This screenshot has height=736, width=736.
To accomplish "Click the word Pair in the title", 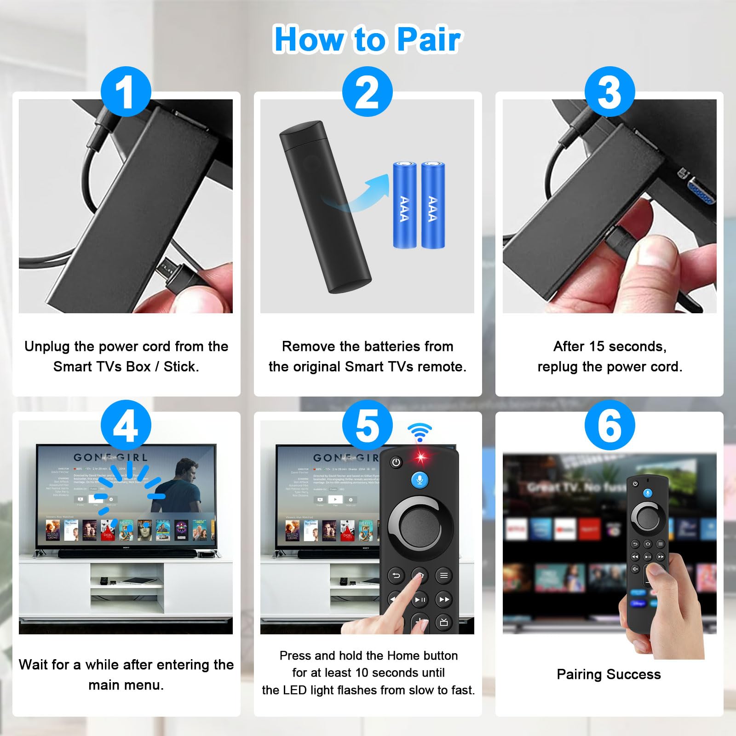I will point(428,40).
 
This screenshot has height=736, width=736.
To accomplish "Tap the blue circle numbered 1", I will point(126,92).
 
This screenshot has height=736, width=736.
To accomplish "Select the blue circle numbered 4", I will point(126,425).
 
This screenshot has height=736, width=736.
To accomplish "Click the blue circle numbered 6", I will point(609,425).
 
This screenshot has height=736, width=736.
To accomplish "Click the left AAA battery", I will point(404,205).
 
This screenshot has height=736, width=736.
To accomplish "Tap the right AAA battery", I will point(433,205).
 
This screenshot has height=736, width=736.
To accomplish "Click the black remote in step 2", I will point(324,207).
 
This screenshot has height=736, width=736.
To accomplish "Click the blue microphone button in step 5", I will point(420,480).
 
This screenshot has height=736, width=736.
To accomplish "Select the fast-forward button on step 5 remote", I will point(444,599).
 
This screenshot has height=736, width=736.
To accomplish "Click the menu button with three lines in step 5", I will point(443,575).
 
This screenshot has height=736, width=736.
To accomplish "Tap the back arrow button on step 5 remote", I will point(396,575).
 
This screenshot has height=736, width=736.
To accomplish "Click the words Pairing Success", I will point(609,674).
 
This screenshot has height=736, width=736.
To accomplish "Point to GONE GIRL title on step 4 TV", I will point(111,458).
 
